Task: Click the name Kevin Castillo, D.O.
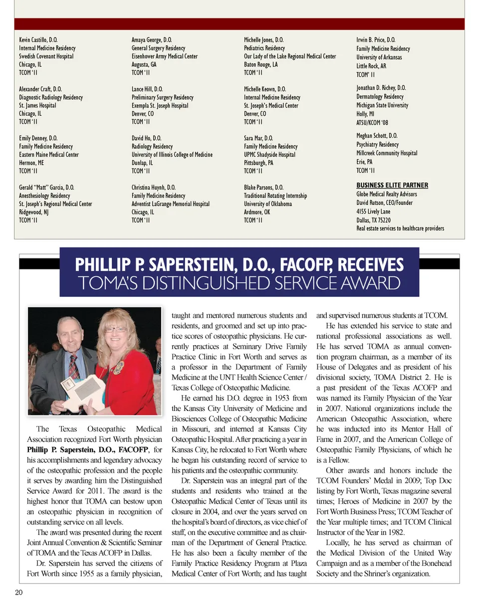pyautogui.click(x=38, y=40)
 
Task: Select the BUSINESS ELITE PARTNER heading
pyautogui.click(x=392, y=185)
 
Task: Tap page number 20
pyautogui.click(x=19, y=592)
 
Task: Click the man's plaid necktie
pyautogui.click(x=74, y=365)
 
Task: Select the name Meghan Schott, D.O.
pyautogui.click(x=377, y=136)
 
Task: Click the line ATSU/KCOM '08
pyautogui.click(x=372, y=123)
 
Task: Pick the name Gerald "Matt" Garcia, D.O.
pyautogui.click(x=46, y=188)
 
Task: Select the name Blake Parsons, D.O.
pyautogui.click(x=263, y=188)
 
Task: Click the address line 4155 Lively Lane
pyautogui.click(x=373, y=211)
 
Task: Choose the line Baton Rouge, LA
pyautogui.click(x=260, y=64)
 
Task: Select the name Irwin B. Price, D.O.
pyautogui.click(x=376, y=40)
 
